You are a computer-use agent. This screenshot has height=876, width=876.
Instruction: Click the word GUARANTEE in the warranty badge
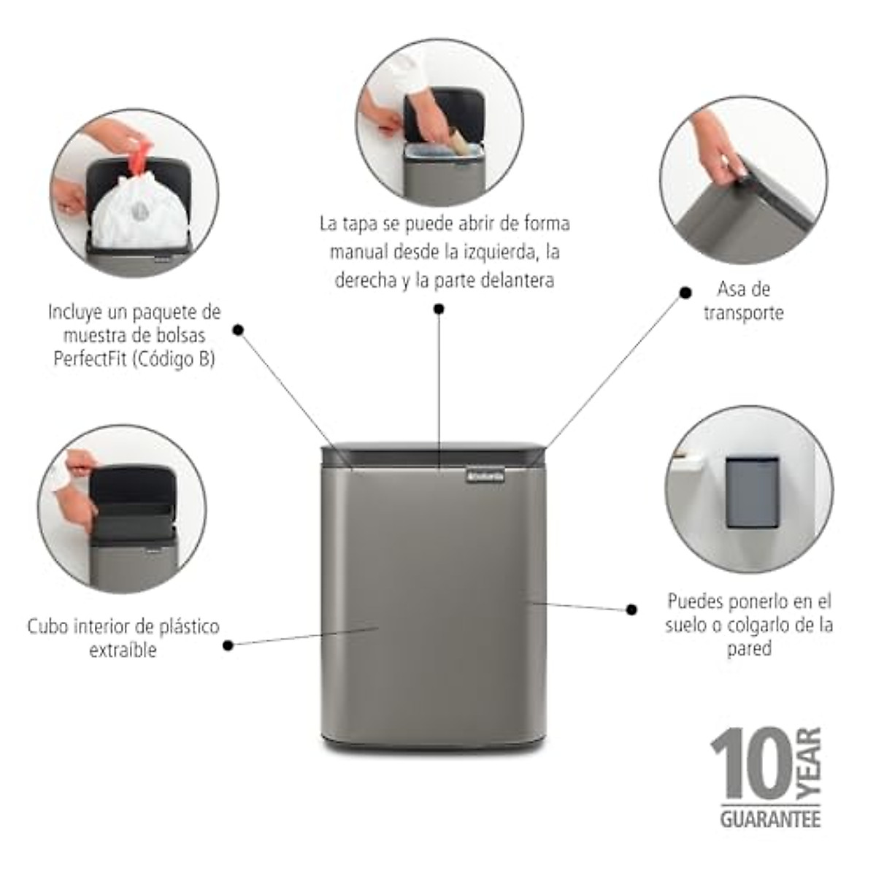[770, 818]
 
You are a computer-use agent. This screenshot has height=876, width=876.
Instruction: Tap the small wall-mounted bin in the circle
[753, 491]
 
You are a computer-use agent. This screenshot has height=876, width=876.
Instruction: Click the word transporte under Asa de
[743, 313]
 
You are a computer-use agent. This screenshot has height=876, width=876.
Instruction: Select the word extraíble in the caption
[123, 650]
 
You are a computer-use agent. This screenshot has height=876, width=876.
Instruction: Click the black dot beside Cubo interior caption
[228, 645]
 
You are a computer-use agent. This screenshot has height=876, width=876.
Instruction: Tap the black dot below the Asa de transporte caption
[685, 293]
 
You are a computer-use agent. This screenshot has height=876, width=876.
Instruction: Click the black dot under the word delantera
[439, 309]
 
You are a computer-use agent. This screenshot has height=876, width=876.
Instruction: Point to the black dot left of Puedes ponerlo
[632, 609]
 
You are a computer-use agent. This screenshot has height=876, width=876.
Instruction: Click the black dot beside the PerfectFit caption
[238, 330]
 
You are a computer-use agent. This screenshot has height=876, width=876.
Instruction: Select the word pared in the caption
[748, 648]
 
